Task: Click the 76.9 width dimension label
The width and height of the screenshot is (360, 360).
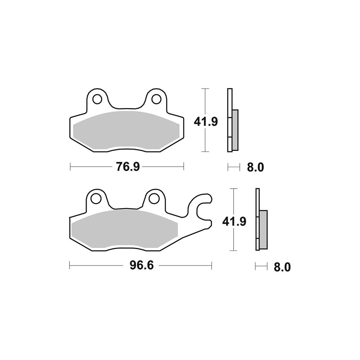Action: tap(128, 167)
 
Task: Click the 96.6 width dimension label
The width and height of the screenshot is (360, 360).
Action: tap(141, 266)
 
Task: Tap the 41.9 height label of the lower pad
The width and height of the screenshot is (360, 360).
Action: tap(234, 221)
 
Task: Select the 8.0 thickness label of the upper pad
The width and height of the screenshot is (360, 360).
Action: tap(256, 168)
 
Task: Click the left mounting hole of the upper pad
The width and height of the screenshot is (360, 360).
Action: tap(97, 99)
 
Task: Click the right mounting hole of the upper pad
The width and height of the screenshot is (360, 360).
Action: tap(156, 99)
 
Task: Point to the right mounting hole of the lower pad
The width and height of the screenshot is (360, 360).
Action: tap(154, 198)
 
